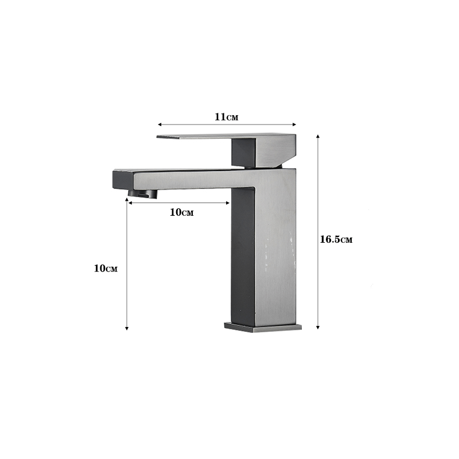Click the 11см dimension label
226,117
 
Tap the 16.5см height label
336,239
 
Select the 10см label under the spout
181,212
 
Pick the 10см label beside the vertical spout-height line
106,268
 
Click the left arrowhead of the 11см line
160,125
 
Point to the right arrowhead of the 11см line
294,125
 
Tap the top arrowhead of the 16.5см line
318,137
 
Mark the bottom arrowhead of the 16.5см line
318,327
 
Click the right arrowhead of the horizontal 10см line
228,203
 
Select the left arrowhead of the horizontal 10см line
130,203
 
